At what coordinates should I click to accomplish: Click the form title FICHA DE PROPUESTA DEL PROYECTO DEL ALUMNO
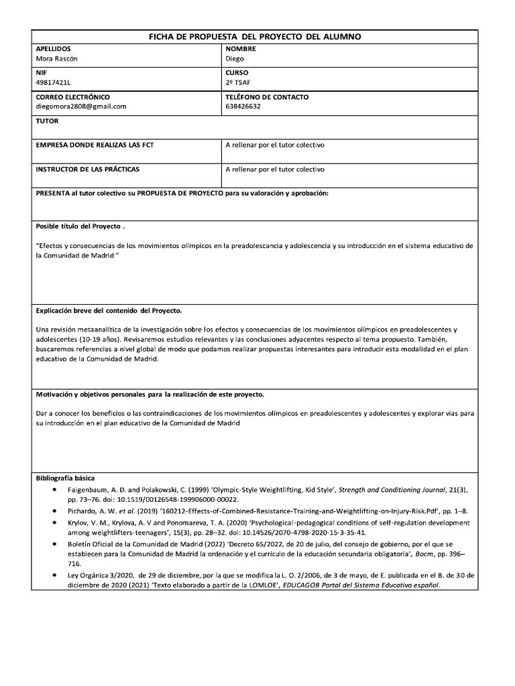[x=254, y=36]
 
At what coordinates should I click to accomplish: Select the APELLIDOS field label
[x=53, y=49]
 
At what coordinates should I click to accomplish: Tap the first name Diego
[x=235, y=58]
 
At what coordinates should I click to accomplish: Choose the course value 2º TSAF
[x=238, y=82]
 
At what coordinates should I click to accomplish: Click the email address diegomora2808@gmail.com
[x=80, y=106]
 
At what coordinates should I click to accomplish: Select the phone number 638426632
[x=243, y=106]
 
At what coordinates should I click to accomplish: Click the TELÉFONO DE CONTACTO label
[x=267, y=97]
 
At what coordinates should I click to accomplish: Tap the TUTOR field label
[x=47, y=121]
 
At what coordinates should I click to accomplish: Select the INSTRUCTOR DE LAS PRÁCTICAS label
[x=87, y=169]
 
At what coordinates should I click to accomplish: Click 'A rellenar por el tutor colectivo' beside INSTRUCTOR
[x=275, y=169]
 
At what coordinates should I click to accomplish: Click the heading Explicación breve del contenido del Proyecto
[x=109, y=311]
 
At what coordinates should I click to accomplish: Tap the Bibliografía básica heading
[x=65, y=478]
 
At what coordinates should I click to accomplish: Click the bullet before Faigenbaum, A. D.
[x=54, y=490]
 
